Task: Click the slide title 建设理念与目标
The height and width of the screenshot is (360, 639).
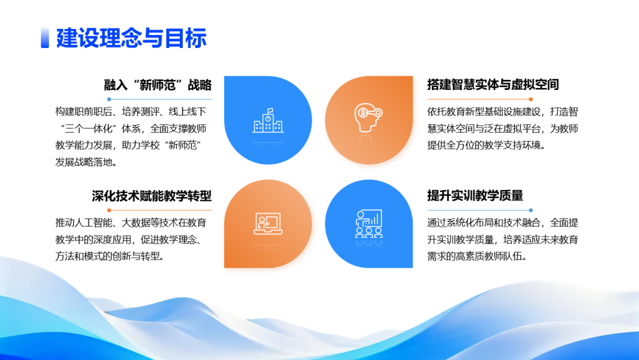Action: [131, 38]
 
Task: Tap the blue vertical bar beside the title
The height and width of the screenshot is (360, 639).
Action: [44, 38]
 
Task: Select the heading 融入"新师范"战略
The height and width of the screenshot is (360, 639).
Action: [157, 85]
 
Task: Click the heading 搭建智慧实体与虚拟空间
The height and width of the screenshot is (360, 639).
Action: [493, 85]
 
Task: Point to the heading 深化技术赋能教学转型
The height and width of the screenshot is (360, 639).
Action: [151, 196]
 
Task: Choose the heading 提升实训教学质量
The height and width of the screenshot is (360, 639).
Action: [475, 196]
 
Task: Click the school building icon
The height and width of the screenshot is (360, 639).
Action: [267, 120]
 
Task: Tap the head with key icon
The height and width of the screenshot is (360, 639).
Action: [368, 119]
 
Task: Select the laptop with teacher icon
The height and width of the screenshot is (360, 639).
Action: [267, 223]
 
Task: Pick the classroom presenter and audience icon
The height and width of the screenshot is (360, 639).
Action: [368, 223]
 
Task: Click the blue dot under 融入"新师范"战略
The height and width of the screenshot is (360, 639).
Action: [109, 99]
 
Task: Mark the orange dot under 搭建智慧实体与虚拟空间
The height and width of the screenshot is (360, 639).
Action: [531, 99]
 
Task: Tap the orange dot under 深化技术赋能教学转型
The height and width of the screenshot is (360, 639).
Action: [109, 210]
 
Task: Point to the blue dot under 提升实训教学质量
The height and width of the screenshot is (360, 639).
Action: [531, 210]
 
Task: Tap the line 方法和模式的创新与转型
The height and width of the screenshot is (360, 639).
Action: [109, 256]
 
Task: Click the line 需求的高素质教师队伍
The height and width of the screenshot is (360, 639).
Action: [476, 256]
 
